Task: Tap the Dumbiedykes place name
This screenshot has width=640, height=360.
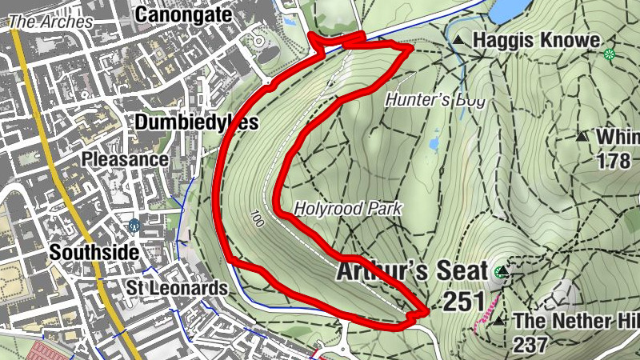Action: click(197, 122)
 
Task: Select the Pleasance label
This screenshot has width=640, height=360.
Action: click(125, 159)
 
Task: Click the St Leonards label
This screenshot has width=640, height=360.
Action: click(177, 287)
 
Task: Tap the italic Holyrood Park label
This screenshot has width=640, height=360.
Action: click(347, 208)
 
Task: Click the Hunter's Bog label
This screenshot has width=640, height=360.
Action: click(435, 101)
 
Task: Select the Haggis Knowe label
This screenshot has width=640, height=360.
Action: click(535, 39)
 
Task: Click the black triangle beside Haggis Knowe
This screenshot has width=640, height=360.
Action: click(458, 39)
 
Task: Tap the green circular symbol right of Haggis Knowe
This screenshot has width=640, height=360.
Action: click(610, 54)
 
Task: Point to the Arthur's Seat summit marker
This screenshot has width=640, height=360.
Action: click(502, 272)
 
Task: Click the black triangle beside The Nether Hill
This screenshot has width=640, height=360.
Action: click(499, 321)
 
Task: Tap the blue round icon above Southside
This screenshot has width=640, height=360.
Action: click(134, 226)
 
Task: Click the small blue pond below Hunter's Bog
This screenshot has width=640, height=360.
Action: click(434, 142)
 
